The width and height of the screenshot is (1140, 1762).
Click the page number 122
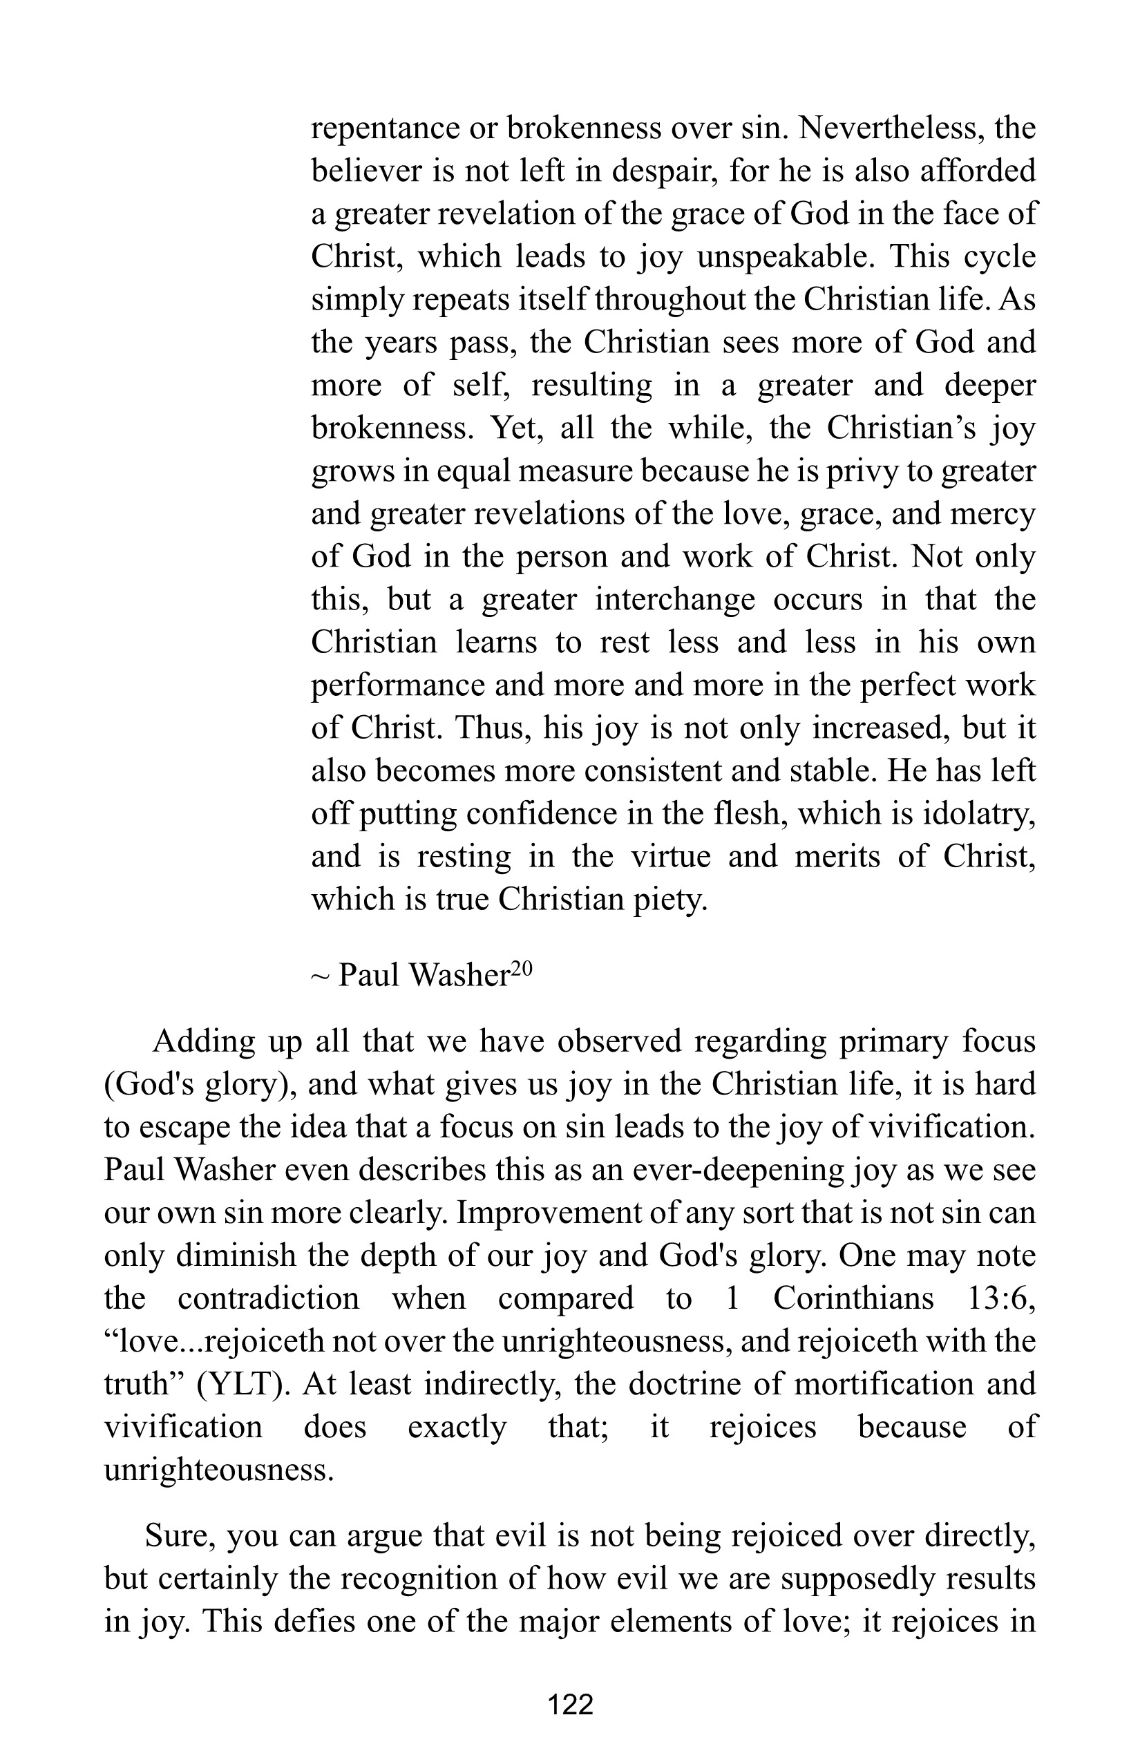570,1705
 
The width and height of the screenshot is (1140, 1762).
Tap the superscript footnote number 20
521,969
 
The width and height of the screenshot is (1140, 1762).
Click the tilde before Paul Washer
319,977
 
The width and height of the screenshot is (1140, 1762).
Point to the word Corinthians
853,1300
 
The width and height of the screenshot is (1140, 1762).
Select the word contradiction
269,1300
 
